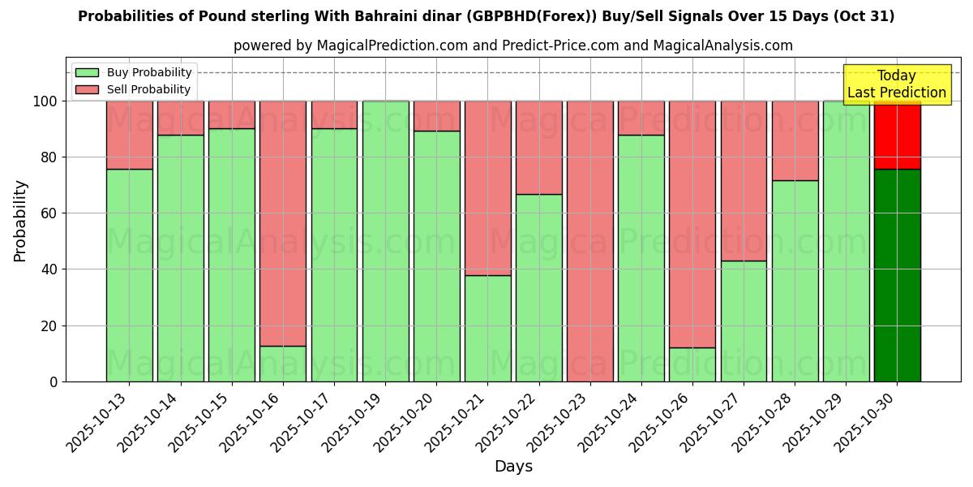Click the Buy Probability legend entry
pyautogui.click(x=134, y=72)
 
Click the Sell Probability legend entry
pyautogui.click(x=134, y=89)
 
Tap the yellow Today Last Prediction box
pyautogui.click(x=896, y=84)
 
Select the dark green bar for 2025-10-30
pyautogui.click(x=897, y=275)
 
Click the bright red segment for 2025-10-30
pyautogui.click(x=897, y=135)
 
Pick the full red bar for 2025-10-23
pyautogui.click(x=589, y=241)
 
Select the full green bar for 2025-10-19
pyautogui.click(x=385, y=241)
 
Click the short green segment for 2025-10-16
pyautogui.click(x=283, y=364)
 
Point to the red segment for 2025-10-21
pyautogui.click(x=487, y=187)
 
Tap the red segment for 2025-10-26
pyautogui.click(x=692, y=224)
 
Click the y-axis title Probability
pyautogui.click(x=20, y=220)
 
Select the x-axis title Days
pyautogui.click(x=513, y=467)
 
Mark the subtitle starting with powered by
pyautogui.click(x=513, y=45)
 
